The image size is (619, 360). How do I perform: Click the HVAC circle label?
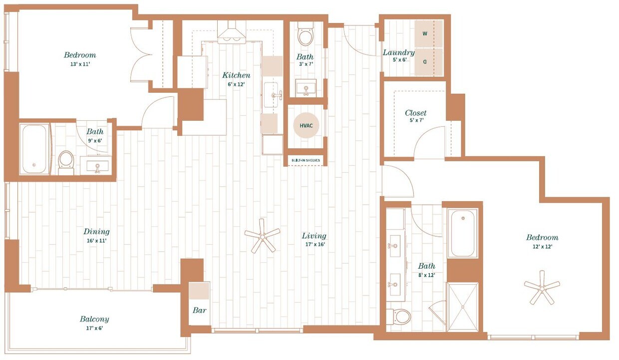pos(306,126)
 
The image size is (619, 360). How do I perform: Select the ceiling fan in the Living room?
pos(263,236)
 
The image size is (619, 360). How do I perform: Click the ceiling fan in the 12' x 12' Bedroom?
pos(542,287)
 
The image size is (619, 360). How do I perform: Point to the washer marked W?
pos(425,34)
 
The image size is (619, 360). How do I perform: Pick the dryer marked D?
pos(425,62)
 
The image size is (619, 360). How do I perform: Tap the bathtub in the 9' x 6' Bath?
pos(34,149)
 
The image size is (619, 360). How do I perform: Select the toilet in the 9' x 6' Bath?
pos(66,162)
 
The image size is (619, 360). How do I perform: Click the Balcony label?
pos(94,319)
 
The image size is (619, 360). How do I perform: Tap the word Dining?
pos(96,232)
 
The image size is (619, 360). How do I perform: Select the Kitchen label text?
pos(236,75)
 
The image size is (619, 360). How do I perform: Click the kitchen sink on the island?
pos(273,95)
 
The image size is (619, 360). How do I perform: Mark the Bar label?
pos(199,310)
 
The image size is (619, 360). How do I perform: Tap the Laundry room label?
pos(398,52)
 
